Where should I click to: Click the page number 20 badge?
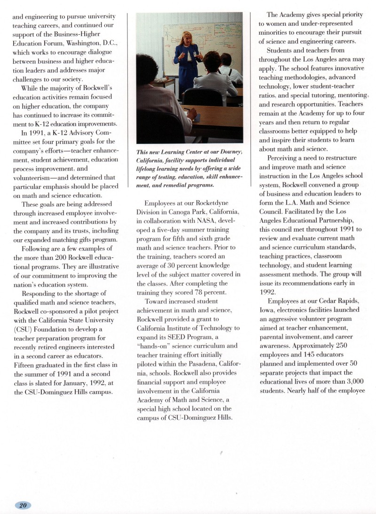tap(23, 505)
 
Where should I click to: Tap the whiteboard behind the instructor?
tap(207, 38)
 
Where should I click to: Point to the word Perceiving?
tap(285, 158)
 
